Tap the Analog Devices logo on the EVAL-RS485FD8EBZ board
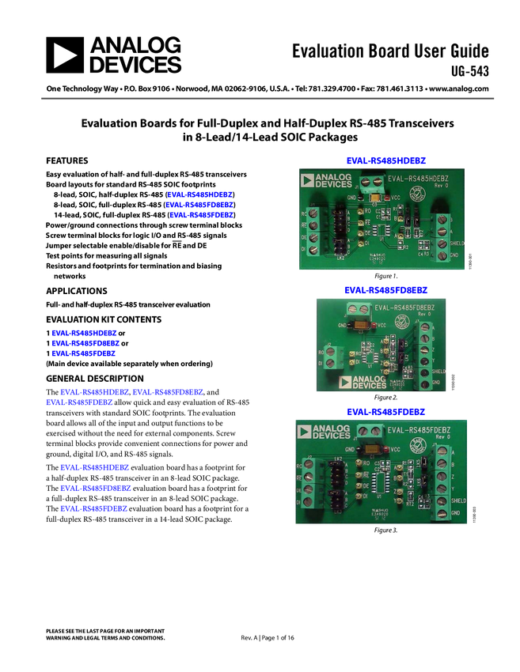point(362,382)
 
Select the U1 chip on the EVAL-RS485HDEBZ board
point(381,230)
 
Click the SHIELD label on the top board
point(457,243)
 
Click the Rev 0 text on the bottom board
point(438,440)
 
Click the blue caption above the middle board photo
point(386,289)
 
